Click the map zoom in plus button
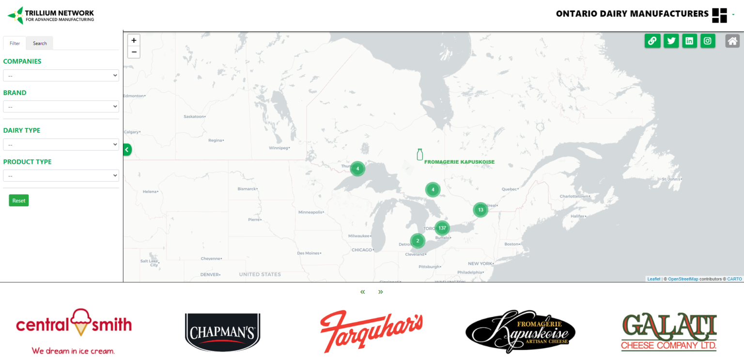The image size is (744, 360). tap(134, 40)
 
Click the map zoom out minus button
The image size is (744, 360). tap(134, 52)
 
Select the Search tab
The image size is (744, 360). tap(40, 43)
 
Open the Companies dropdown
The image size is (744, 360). tap(61, 76)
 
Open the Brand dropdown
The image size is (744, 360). tap(61, 107)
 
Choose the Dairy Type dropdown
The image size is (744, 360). tap(61, 144)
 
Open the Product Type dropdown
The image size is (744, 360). tap(61, 175)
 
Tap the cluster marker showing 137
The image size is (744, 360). tap(442, 228)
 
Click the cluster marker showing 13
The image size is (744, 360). tap(480, 210)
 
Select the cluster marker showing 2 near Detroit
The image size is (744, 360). tap(418, 241)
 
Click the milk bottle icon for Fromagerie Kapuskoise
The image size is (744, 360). tap(420, 155)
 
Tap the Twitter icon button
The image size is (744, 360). tap(671, 41)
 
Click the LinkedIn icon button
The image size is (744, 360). tap(689, 41)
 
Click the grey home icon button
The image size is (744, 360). tap(732, 41)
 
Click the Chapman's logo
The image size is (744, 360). tap(222, 332)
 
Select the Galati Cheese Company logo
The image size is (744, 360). tap(669, 332)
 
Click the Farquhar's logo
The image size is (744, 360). tap(371, 331)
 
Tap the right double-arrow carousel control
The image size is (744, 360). tap(381, 292)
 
